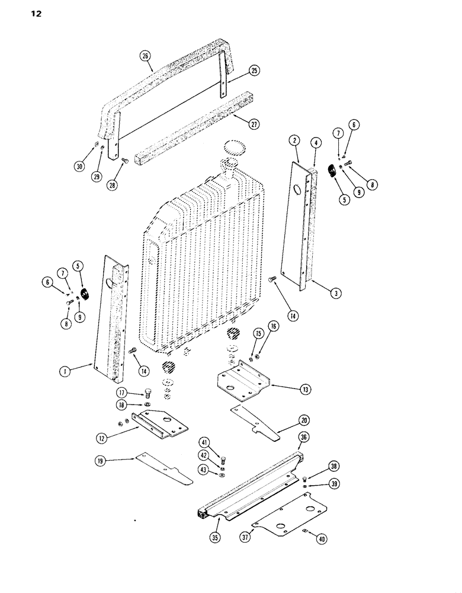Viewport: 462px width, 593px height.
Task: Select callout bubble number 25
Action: [254, 71]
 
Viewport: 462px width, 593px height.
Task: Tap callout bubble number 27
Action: [254, 125]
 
